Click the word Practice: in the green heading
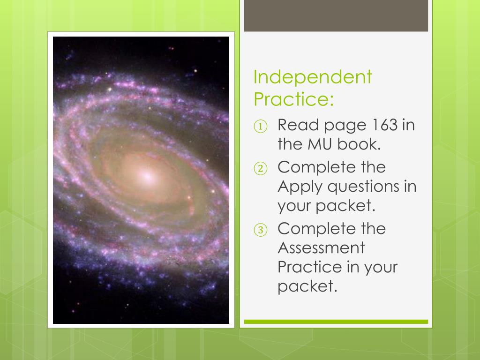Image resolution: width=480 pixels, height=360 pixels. pos(293,99)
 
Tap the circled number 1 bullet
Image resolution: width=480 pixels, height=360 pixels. pos(261,126)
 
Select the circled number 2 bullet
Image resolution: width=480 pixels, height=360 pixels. pos(261,168)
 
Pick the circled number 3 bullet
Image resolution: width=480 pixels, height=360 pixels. pos(261,230)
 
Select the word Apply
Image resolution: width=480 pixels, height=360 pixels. pos(300,187)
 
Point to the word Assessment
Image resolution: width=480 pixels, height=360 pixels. pos(321,247)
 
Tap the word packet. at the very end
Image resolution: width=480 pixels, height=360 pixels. pos(307,286)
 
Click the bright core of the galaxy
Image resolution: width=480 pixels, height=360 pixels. pos(147,176)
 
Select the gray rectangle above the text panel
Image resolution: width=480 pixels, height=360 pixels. pos(336,15)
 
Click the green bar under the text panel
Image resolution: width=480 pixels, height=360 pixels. pos(336,322)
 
